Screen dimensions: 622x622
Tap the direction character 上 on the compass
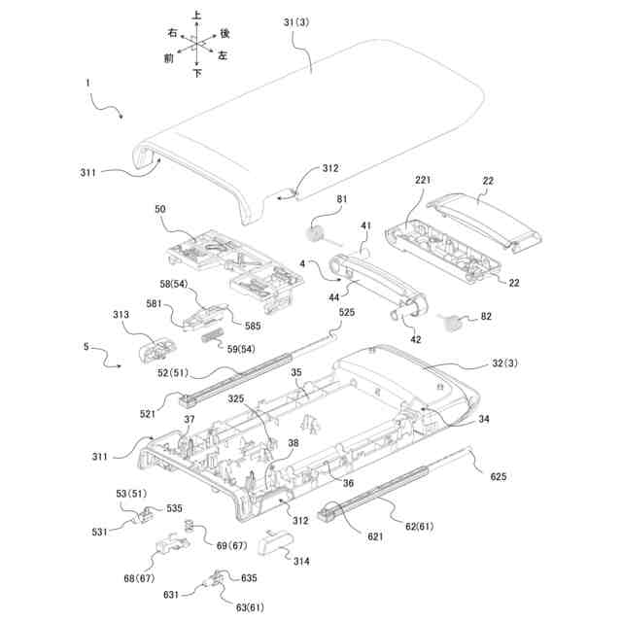(197, 17)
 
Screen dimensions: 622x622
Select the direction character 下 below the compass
(197, 73)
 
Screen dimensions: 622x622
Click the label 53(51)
(129, 494)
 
